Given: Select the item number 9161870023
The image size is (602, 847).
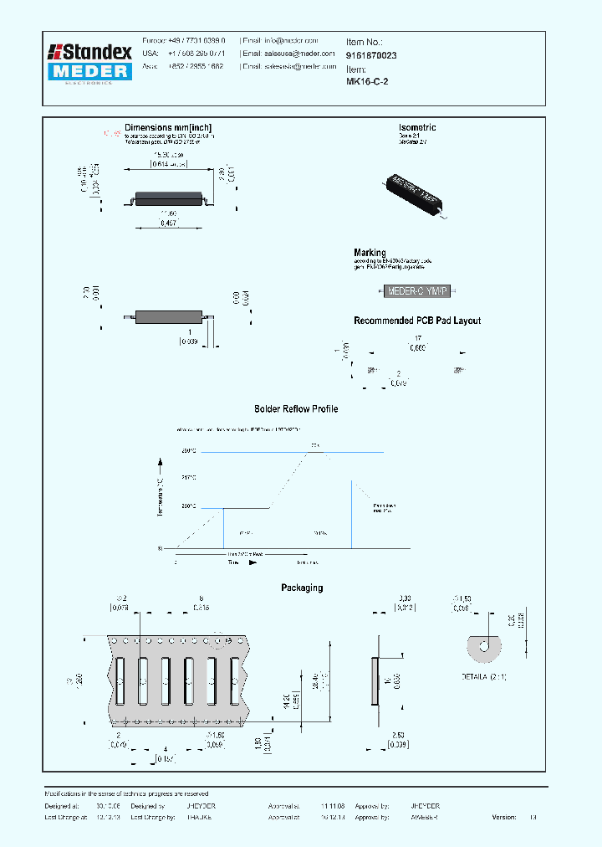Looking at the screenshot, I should tap(372, 55).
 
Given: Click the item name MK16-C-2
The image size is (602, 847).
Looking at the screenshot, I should tap(367, 82).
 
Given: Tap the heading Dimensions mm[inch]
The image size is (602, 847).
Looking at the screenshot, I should tap(173, 128).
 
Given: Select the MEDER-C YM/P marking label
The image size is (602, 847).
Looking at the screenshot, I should tap(416, 291).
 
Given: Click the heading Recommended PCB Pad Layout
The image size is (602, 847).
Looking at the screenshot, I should tap(417, 321).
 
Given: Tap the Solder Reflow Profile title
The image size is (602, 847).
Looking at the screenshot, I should tap(296, 409).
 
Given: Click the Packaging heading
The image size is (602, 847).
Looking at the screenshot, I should tap(301, 588).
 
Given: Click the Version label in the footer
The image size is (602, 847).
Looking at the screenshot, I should tap(504, 817).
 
